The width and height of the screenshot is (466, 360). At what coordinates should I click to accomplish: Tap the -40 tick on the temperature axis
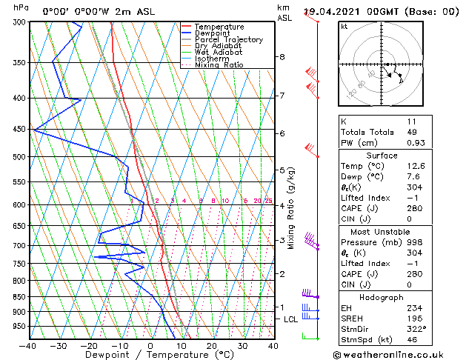28,345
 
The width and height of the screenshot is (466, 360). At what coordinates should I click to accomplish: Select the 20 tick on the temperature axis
212,345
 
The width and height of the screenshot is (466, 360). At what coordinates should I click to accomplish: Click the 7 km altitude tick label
282,96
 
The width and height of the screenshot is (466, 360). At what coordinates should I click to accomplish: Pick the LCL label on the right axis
291,319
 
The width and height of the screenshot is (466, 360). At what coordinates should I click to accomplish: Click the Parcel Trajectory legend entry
228,39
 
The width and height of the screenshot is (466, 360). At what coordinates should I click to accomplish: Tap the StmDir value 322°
413,330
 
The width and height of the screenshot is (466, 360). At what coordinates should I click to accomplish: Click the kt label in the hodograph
344,26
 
